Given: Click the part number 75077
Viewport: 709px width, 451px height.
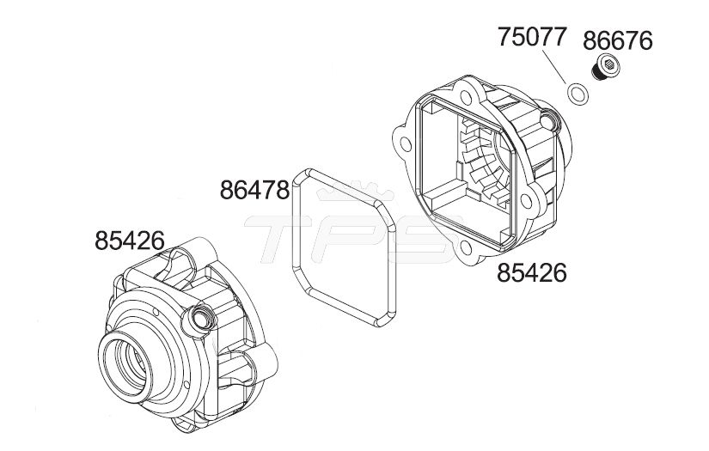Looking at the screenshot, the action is (x=532, y=37).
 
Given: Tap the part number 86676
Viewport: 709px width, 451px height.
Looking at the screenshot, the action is (x=618, y=40).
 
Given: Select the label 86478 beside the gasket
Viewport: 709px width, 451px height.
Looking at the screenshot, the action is (x=254, y=190).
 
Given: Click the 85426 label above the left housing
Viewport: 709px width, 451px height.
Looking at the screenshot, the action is (x=129, y=241).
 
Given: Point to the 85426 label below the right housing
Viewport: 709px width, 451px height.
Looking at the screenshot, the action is (x=532, y=273).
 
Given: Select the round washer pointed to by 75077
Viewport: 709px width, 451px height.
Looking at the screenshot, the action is (x=578, y=94).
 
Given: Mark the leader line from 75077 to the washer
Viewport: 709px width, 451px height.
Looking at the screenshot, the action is (x=554, y=67).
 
